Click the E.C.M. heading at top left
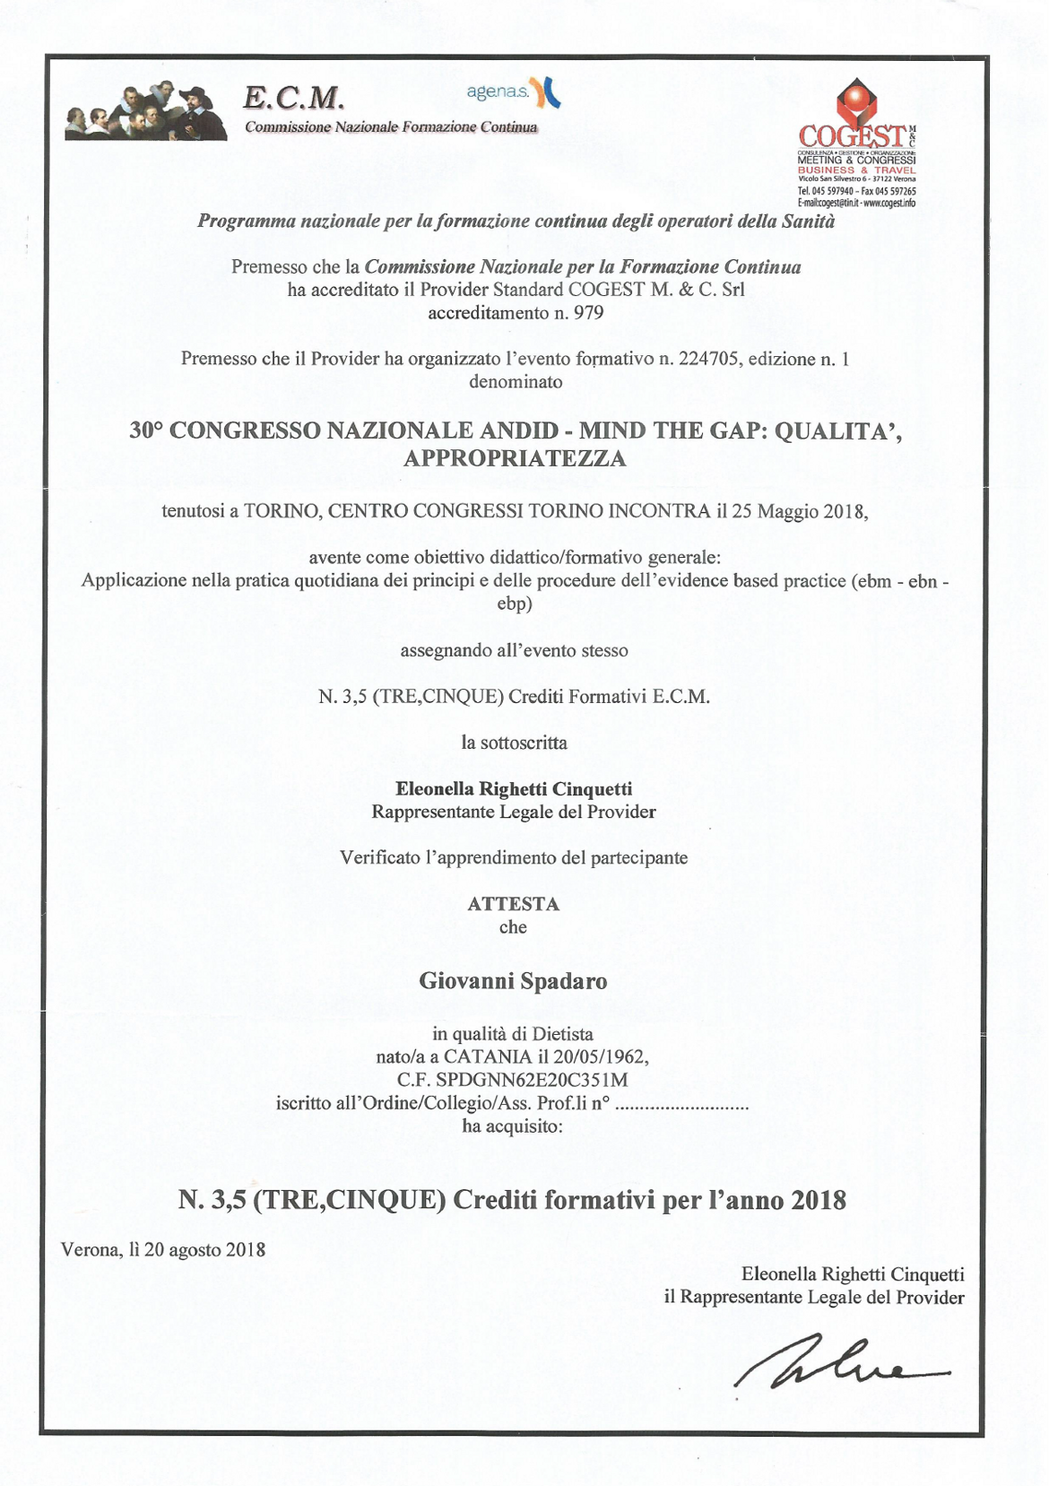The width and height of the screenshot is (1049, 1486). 293,97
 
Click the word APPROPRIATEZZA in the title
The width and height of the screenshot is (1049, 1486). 515,458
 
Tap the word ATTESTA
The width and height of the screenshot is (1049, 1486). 513,904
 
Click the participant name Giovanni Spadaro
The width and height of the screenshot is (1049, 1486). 513,981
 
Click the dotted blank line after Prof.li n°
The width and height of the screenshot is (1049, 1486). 682,1104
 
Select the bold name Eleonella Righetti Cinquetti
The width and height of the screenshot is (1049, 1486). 514,789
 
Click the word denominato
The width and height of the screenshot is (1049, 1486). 516,382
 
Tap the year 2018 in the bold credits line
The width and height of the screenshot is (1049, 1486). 819,1200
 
